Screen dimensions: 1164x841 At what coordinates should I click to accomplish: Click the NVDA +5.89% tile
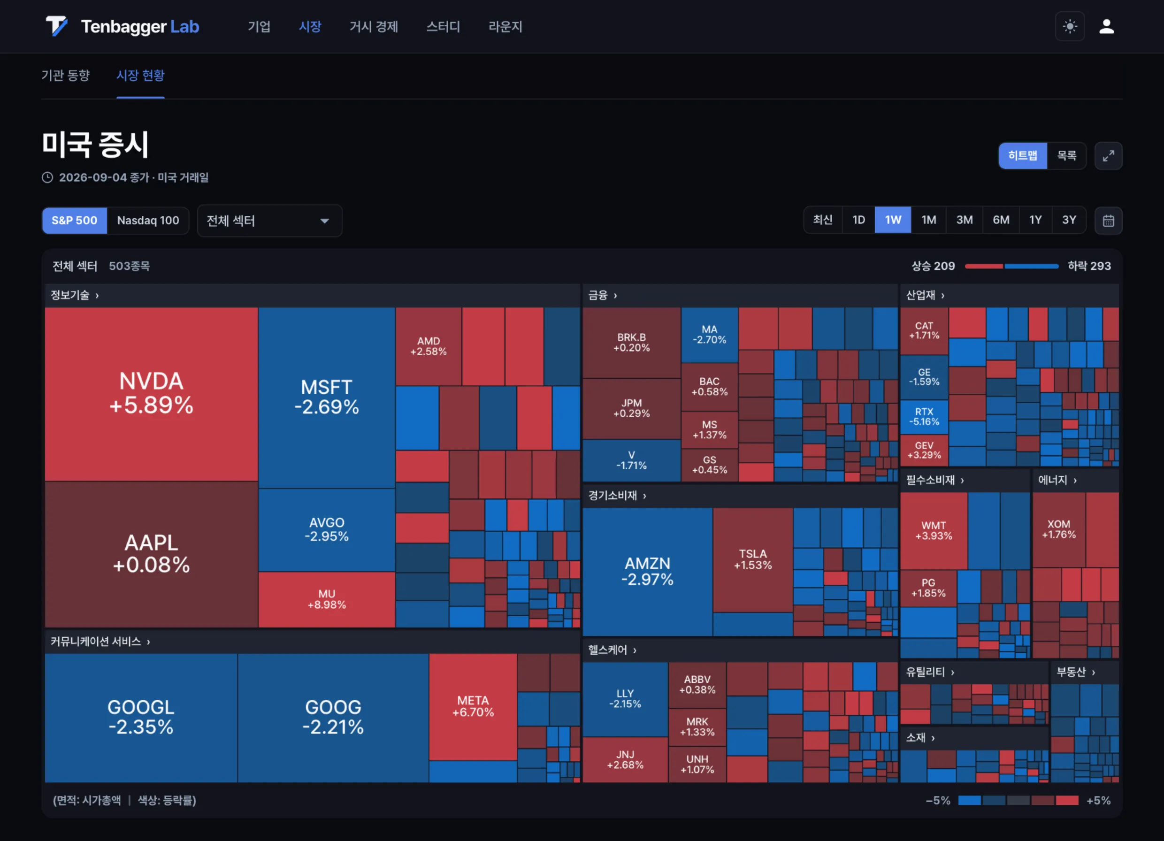coord(152,394)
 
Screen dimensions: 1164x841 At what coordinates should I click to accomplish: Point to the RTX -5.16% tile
coord(924,417)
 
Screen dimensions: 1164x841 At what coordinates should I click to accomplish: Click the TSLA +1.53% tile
coord(752,559)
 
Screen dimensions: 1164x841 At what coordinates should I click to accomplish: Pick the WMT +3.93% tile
coord(934,531)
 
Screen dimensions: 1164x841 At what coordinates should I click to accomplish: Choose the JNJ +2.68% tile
coord(625,759)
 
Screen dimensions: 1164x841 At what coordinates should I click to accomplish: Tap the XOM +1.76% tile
coord(1058,529)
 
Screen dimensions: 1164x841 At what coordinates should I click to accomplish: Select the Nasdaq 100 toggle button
coord(148,221)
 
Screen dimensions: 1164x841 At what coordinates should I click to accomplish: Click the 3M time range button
coord(965,220)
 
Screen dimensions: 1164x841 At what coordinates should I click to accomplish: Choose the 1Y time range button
coord(1035,220)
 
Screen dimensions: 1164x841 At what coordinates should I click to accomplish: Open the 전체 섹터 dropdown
coord(269,221)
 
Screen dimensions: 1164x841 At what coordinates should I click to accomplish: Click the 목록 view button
coord(1066,155)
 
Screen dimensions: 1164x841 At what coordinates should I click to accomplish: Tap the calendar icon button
coord(1108,221)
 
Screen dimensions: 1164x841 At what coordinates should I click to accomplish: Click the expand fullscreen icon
coord(1108,155)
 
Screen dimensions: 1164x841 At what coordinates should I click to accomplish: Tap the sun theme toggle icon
coord(1070,26)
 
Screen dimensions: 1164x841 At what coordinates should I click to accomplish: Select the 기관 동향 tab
coord(66,76)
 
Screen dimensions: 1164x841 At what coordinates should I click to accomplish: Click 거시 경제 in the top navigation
coord(374,27)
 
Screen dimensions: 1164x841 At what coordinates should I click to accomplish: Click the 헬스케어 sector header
coord(612,650)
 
